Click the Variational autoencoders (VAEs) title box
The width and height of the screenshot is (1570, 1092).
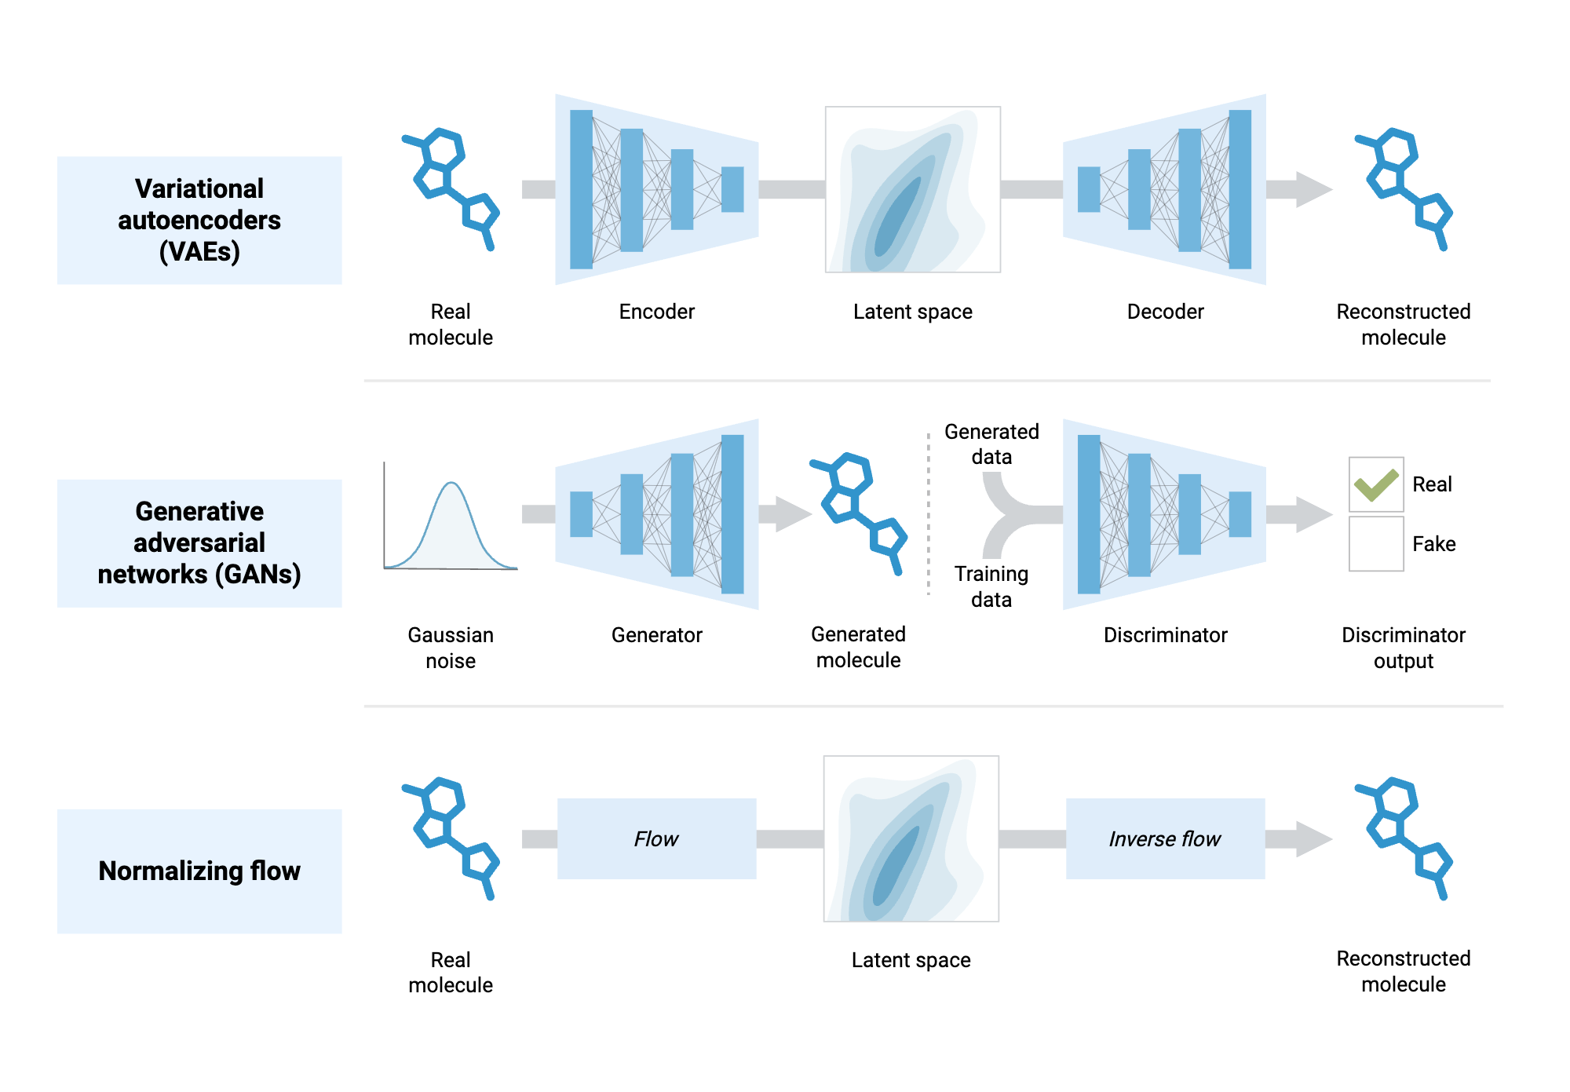tap(199, 221)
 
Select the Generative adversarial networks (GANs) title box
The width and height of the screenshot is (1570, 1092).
tap(199, 543)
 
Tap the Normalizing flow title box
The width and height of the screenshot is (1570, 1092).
tap(199, 871)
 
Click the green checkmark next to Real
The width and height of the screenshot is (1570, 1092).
tap(1375, 484)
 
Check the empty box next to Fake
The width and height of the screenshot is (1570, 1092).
tap(1375, 543)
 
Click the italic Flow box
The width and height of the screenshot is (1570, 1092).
tap(656, 838)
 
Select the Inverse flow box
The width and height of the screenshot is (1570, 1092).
tap(1165, 838)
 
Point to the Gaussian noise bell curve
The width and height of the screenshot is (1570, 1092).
tap(451, 522)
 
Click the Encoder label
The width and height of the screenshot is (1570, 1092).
tap(656, 312)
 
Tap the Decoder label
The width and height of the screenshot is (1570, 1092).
tap(1165, 312)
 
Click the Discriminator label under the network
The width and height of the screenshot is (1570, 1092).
tap(1165, 635)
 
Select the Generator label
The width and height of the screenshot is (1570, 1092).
tap(656, 635)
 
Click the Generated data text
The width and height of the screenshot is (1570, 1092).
tap(991, 444)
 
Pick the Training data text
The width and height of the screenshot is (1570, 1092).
tap(991, 586)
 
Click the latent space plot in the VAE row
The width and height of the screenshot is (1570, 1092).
tap(912, 190)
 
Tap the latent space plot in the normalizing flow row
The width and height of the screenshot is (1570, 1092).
tap(911, 838)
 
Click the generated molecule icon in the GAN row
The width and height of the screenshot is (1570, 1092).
tap(858, 510)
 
